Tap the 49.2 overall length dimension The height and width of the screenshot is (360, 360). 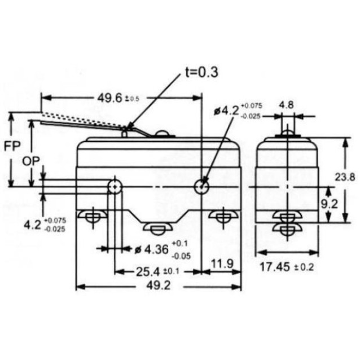pos(159,286)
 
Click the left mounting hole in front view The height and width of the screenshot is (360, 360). pos(115,186)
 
